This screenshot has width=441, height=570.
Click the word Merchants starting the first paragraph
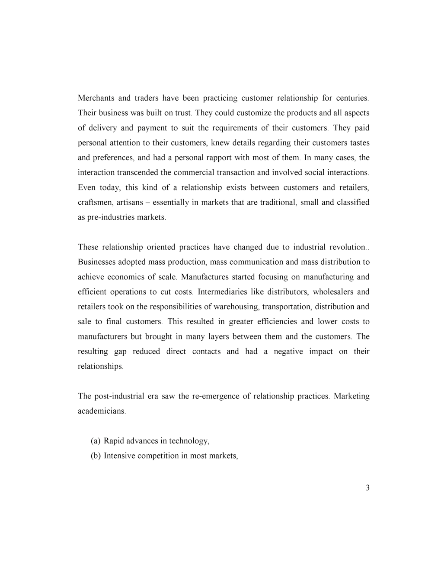pos(96,98)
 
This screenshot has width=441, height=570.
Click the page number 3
pos(367,488)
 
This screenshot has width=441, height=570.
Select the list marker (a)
pos(96,441)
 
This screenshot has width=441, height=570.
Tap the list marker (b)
pos(96,456)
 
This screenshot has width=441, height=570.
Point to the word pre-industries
pos(111,218)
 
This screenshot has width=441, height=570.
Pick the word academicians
pos(102,411)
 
